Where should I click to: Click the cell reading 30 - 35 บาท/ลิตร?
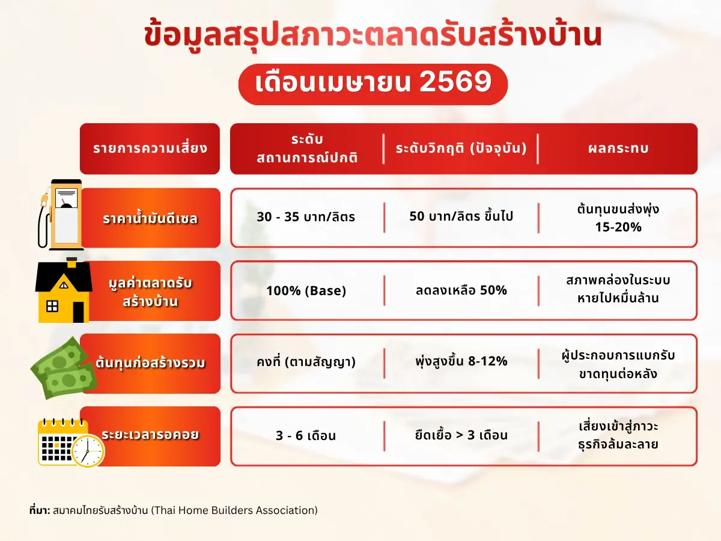(x=306, y=217)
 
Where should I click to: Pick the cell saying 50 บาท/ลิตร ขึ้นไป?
(x=461, y=216)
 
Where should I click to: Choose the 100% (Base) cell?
(x=306, y=291)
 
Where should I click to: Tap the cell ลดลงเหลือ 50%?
(x=461, y=290)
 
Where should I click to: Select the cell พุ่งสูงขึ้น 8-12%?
(x=461, y=361)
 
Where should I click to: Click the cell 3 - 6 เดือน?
(x=306, y=435)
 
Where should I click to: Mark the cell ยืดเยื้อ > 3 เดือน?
(x=461, y=435)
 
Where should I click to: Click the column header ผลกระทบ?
(x=618, y=148)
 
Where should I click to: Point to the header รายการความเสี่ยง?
(x=150, y=148)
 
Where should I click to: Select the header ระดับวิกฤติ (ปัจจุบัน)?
(x=461, y=148)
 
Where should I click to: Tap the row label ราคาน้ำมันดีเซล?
(x=150, y=218)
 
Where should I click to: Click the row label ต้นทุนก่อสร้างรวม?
(x=150, y=363)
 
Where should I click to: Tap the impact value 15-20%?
(x=618, y=227)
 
